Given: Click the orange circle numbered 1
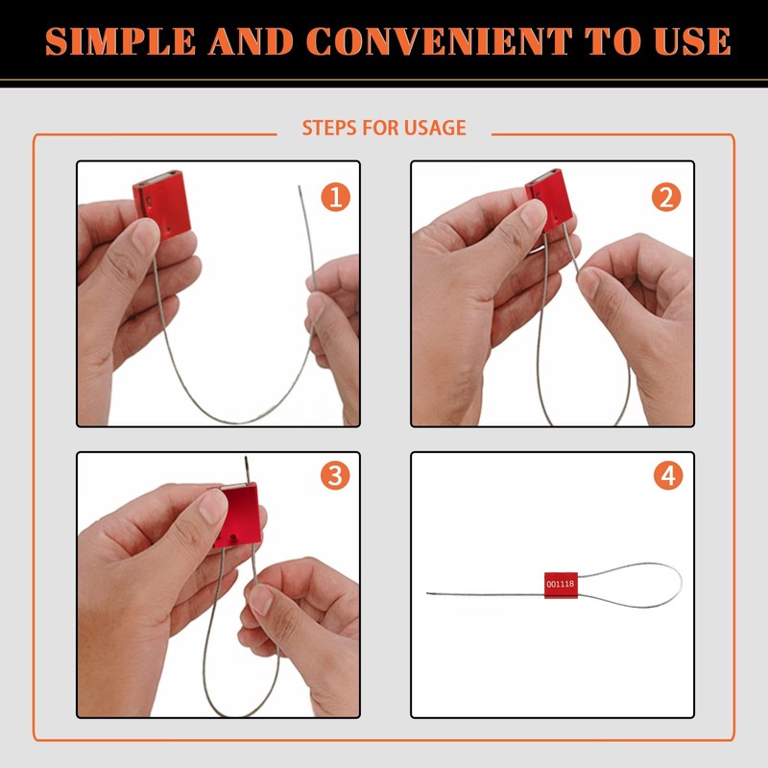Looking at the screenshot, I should (x=335, y=198).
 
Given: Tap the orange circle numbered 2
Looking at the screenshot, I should (x=666, y=198).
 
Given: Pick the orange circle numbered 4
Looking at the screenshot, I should (x=668, y=475).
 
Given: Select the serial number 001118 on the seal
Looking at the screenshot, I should (x=560, y=584).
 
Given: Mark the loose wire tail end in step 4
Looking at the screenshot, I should (x=428, y=592).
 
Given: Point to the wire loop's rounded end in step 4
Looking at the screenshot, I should (x=680, y=580).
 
